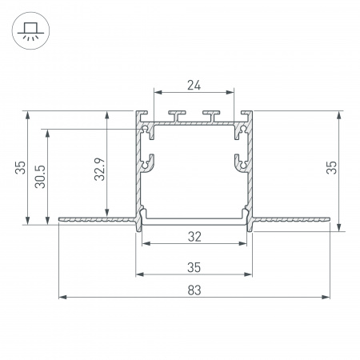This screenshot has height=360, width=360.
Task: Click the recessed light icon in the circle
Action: coord(30,30)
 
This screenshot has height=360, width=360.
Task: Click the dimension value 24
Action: coord(194,86)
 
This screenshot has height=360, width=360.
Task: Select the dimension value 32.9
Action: coord(100,169)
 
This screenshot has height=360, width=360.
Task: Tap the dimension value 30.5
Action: coord(41,177)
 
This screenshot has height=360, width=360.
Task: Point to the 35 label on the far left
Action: coord(20,167)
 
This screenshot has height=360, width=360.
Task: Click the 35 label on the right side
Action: coord(331,167)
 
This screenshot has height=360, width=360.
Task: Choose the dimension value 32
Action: coord(194,237)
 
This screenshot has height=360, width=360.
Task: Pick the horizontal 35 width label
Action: coord(194,267)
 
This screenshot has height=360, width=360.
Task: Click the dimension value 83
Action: coord(194,290)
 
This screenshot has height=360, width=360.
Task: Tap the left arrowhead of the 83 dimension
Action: coord(62,297)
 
